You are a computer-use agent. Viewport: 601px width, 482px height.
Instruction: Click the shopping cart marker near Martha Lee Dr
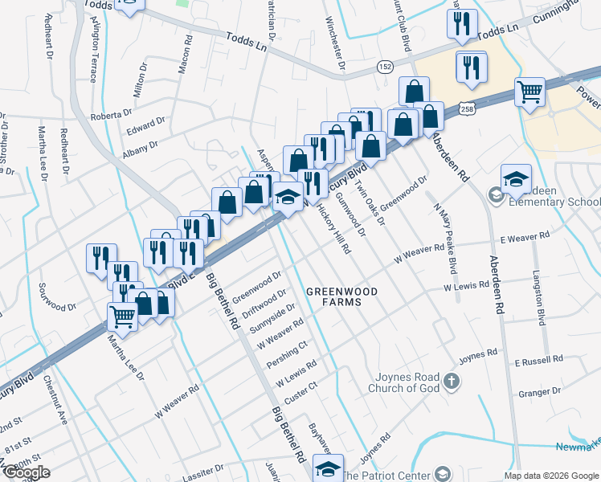(x=122, y=316)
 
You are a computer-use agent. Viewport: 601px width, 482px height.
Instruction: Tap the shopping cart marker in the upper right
(x=530, y=92)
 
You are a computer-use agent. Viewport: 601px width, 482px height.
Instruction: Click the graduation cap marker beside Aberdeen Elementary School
(x=516, y=178)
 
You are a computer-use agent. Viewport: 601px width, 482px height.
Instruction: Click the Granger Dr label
(x=538, y=393)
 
